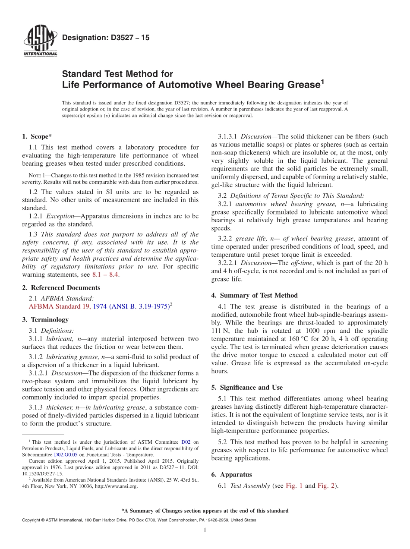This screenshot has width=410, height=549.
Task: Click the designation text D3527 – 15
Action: pyautogui.click(x=106, y=38)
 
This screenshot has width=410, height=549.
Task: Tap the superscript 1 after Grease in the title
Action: pyautogui.click(x=322, y=81)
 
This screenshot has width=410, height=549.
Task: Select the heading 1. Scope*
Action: pyautogui.click(x=37, y=136)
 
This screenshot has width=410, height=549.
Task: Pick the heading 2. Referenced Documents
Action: pyautogui.click(x=61, y=287)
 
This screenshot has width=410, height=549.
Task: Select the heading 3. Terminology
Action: pyautogui.click(x=45, y=319)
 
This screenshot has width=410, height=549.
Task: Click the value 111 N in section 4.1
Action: pyautogui.click(x=219, y=331)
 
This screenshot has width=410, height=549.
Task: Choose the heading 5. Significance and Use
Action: pyautogui.click(x=247, y=387)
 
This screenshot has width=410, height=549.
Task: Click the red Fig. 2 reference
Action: pyautogui.click(x=326, y=486)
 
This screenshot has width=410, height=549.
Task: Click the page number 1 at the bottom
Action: pyautogui.click(x=205, y=530)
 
